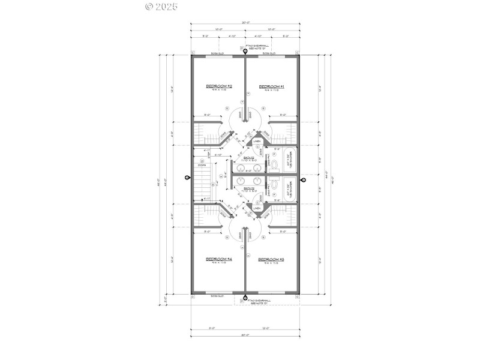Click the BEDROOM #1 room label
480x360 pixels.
point(271,86)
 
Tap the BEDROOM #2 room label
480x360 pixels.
point(219,86)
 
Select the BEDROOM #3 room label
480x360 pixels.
point(271,259)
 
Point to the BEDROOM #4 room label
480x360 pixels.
point(219,259)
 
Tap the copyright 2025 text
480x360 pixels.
point(162,7)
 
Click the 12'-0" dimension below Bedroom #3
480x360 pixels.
point(272,328)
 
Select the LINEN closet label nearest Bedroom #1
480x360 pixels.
point(256,142)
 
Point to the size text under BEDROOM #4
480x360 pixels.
point(219,263)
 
